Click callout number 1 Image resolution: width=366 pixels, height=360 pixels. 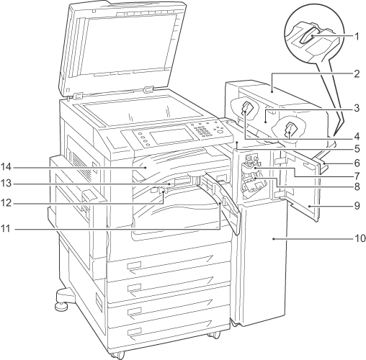(x=357, y=37)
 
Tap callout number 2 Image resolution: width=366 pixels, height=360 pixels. (x=357, y=74)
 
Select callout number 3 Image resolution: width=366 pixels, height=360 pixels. (x=357, y=109)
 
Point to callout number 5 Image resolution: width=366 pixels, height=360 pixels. (x=357, y=149)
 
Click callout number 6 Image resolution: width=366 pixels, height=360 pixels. (x=357, y=163)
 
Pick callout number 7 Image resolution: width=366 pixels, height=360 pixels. (x=357, y=176)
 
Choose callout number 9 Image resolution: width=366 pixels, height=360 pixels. (x=357, y=206)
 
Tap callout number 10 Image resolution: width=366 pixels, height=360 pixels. (x=360, y=238)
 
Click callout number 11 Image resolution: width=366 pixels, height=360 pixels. (x=6, y=229)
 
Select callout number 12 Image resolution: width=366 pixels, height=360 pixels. (x=6, y=203)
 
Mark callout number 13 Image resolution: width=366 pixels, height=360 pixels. (x=6, y=184)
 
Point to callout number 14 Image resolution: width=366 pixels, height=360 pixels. (x=6, y=167)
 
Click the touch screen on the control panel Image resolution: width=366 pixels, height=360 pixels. (x=172, y=136)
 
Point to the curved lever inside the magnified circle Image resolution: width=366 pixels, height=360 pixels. (x=310, y=37)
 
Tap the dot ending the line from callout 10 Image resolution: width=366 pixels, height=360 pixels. (x=274, y=239)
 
